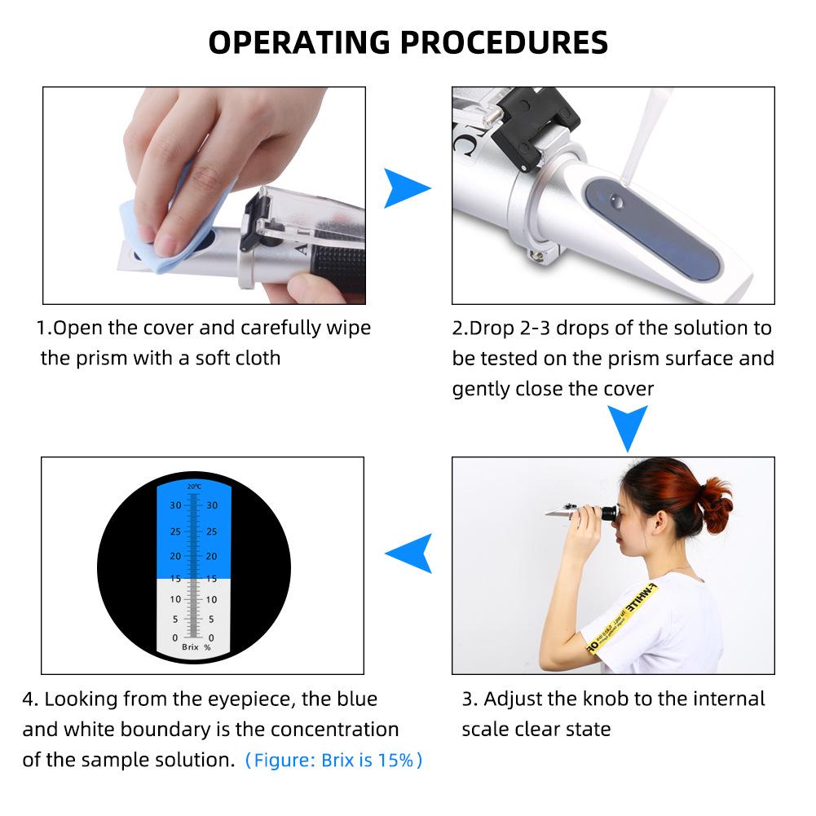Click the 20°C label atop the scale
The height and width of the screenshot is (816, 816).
[193, 487]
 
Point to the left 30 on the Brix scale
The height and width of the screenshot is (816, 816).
[175, 505]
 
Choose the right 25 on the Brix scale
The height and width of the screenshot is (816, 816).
[212, 532]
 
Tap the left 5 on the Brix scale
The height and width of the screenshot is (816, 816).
[175, 619]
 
